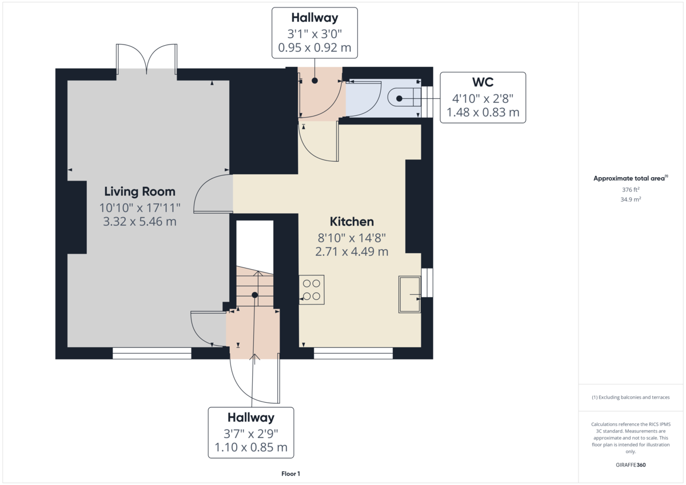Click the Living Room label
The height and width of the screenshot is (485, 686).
coord(139,191)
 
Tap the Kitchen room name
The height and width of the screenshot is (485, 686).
coord(352,222)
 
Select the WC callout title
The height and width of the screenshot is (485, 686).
coord(482,83)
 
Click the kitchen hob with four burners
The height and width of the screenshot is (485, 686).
coord(312,290)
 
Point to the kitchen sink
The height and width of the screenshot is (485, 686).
coord(410,294)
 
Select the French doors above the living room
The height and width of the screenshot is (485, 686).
coord(147,59)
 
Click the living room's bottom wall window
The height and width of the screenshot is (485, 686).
coord(151,354)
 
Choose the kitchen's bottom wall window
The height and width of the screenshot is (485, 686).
coord(353,354)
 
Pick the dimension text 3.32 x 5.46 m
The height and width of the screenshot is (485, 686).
coord(139,221)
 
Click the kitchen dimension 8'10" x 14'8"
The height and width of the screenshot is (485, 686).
coord(352,237)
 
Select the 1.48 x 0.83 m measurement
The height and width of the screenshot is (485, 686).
coord(482,113)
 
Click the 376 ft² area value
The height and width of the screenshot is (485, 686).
coord(631,190)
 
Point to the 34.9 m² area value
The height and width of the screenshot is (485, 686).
coord(631,199)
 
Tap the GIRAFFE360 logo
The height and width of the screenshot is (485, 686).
coord(631,465)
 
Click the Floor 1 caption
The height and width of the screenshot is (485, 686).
coord(290,474)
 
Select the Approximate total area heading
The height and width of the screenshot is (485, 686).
coord(629,178)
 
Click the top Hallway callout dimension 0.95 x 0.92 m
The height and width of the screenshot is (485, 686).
coord(314,48)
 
